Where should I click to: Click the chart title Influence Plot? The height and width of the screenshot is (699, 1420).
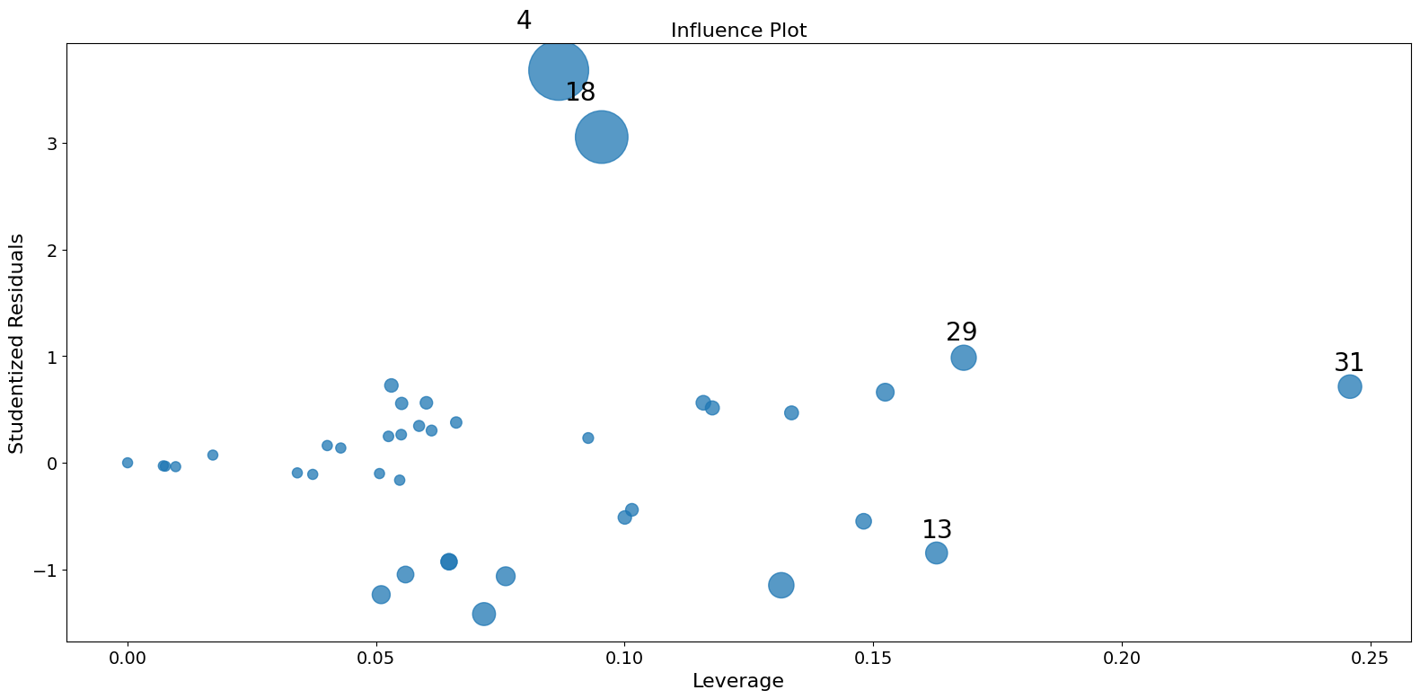pos(738,31)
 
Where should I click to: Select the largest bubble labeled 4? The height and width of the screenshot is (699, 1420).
pos(559,70)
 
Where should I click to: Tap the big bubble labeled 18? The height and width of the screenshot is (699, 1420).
pos(601,137)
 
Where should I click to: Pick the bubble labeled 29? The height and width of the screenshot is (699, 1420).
pos(963,358)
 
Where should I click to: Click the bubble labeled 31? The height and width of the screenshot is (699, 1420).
pos(1349,386)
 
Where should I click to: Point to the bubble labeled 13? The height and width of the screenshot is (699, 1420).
pos(936,553)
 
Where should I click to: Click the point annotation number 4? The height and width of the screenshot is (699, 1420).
pos(524,21)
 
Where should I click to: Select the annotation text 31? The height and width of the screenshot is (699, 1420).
pos(1348,363)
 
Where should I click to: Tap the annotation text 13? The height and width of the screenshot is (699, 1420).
pos(937,530)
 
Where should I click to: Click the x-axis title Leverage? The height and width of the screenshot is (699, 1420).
pos(737,681)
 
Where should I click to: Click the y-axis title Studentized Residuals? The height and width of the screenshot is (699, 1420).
pos(16,343)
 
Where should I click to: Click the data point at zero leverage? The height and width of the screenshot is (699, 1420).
pos(128,463)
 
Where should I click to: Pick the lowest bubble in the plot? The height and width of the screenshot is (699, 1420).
pos(483,614)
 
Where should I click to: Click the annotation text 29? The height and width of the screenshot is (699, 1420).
pos(961,332)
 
